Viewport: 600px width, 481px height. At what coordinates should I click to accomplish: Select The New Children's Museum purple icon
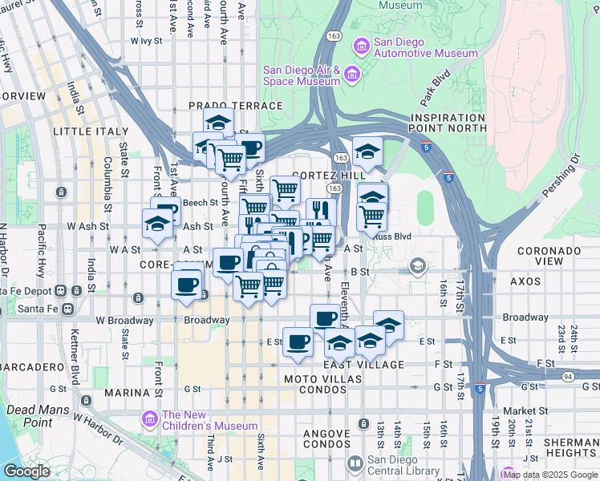(148, 418)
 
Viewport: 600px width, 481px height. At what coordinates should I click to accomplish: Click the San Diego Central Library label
(403, 465)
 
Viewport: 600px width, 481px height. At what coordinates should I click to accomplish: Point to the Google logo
(26, 471)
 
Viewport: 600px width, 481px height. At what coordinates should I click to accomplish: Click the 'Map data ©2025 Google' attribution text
(549, 475)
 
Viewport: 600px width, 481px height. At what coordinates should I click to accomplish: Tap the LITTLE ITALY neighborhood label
(90, 131)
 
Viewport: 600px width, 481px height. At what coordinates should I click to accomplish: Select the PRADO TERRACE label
(235, 106)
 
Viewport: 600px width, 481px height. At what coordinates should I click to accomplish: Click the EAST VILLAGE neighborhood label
(352, 365)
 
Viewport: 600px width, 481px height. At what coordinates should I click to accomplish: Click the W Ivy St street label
(146, 39)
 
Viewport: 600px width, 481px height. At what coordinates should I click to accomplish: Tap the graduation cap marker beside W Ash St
(157, 224)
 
